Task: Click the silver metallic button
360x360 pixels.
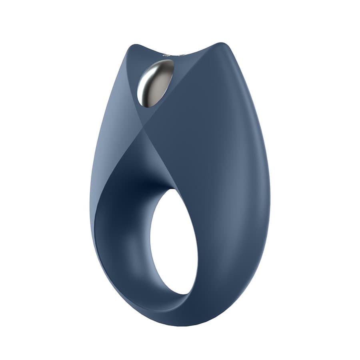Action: [x=155, y=83]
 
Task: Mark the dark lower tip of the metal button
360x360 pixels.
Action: [x=147, y=105]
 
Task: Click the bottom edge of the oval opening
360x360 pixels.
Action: [x=180, y=294]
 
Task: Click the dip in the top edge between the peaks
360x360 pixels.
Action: [x=176, y=56]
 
